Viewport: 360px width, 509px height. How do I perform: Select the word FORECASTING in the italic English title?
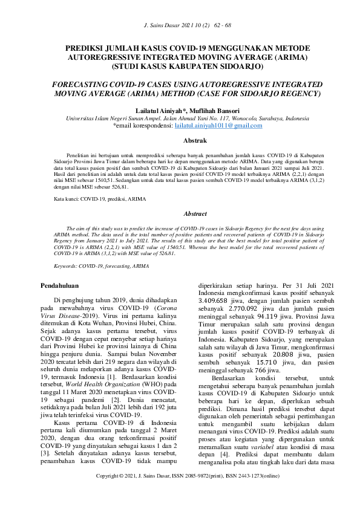81,84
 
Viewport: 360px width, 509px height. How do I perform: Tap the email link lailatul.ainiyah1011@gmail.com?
218,126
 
